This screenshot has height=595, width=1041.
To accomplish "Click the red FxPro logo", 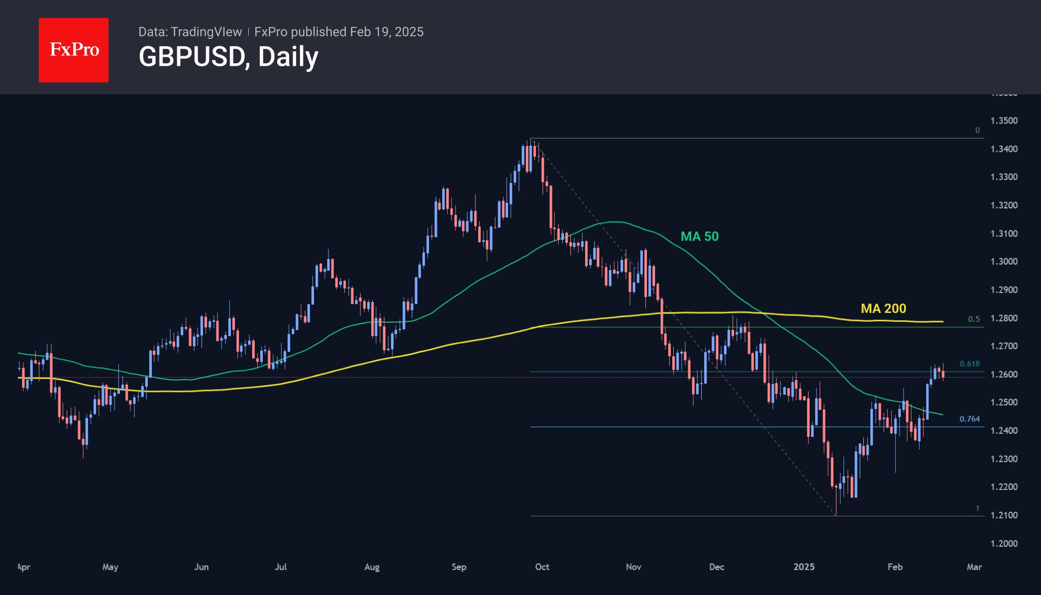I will tap(74, 50).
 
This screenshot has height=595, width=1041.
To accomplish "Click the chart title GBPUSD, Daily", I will tap(228, 57).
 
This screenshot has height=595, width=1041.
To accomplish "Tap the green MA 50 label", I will tap(699, 236).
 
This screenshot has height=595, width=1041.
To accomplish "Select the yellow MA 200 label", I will tap(883, 308).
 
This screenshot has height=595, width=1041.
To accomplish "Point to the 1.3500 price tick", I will tap(1004, 120).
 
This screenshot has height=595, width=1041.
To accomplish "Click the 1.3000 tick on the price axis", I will tap(1004, 261).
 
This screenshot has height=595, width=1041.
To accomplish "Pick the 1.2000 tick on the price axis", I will tap(1004, 543).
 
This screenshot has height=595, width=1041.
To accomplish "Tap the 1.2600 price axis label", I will tap(1004, 374).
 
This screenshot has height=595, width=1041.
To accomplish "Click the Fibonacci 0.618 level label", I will tap(969, 364).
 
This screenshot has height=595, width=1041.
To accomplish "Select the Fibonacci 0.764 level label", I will tap(969, 419).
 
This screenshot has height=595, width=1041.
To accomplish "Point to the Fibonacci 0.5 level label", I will tap(974, 319).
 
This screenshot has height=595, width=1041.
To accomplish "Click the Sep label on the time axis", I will tap(459, 567).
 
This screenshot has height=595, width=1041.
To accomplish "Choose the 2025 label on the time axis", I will tap(804, 567).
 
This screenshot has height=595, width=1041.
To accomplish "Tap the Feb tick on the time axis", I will tap(895, 567).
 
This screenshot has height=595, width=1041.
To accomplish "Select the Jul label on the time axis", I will tap(281, 567).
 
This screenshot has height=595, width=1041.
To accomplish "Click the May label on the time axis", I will tap(110, 567).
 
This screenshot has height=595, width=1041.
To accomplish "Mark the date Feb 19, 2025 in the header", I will tap(387, 32).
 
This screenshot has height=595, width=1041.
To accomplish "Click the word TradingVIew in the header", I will tap(206, 32).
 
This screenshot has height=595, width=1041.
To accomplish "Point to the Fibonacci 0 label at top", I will tap(977, 130).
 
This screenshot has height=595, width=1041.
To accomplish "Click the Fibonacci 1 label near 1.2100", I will tap(977, 508).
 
